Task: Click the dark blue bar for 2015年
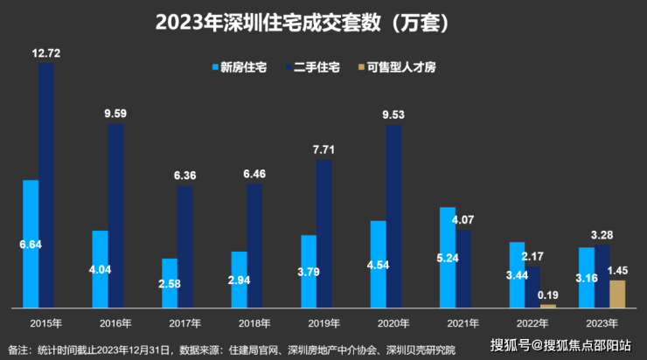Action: point(46,183)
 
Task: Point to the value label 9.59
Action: point(115,113)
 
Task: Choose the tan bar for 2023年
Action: point(617,294)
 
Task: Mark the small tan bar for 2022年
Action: point(548,306)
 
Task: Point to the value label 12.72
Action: point(45,53)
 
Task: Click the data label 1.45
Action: point(618,271)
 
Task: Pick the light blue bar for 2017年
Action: point(169,283)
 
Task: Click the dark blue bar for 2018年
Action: point(254,245)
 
